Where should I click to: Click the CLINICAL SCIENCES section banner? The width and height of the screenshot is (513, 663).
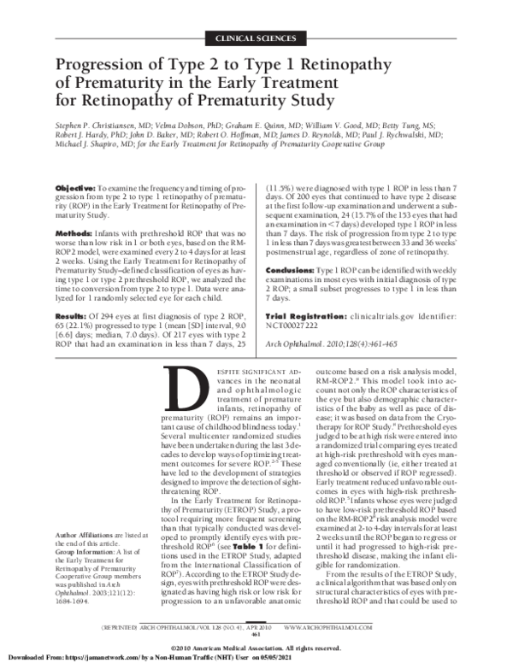257,39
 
